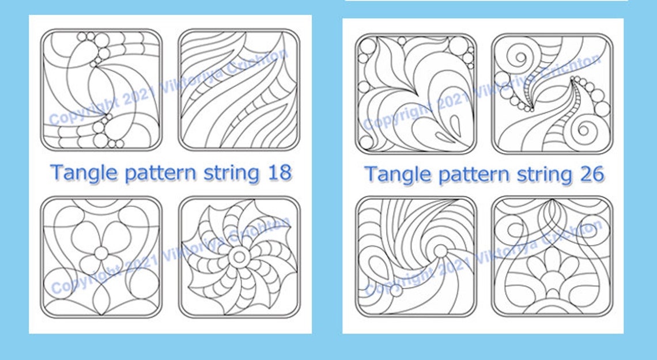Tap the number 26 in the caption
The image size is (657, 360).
[x=592, y=174]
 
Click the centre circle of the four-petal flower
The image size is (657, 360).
[x=101, y=253]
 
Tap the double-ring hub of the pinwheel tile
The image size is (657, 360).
[x=239, y=256]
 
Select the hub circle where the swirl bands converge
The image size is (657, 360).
[x=440, y=251]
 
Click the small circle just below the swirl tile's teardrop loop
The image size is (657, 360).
[x=395, y=290]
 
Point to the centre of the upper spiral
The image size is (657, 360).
[x=520, y=57]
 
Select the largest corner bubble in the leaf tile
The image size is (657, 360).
[x=368, y=47]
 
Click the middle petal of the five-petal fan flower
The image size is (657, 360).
[x=552, y=259]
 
